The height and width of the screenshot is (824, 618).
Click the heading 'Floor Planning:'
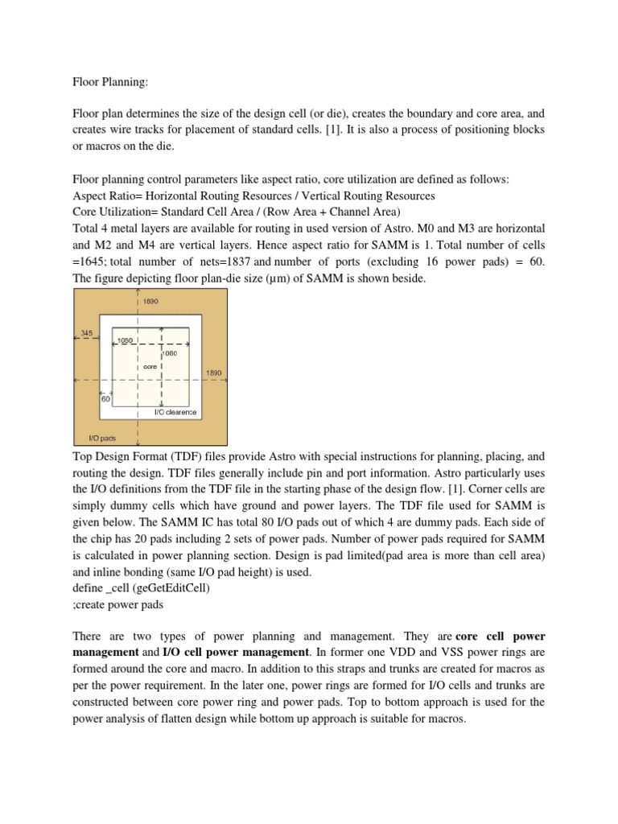pyautogui.click(x=107, y=80)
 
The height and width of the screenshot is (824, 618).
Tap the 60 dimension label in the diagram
pyautogui.click(x=105, y=398)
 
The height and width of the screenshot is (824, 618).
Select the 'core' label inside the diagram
pyautogui.click(x=149, y=366)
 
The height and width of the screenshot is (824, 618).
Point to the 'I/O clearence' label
pyautogui.click(x=175, y=412)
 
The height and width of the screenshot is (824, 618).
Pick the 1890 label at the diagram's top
pyautogui.click(x=151, y=301)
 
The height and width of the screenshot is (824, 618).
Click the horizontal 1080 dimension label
pyautogui.click(x=126, y=340)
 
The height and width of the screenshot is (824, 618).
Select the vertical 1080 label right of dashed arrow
pyautogui.click(x=170, y=352)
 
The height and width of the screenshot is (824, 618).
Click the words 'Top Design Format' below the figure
pyautogui.click(x=122, y=455)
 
